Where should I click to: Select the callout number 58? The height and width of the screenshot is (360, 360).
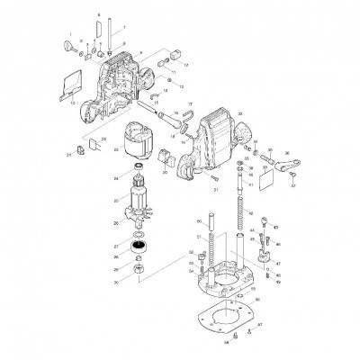[x=228, y=343]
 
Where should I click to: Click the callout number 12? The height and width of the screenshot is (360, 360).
[x=185, y=67]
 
